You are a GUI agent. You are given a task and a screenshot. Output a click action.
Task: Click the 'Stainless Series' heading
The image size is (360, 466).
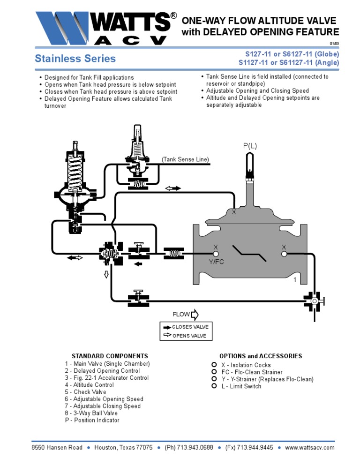[75, 59]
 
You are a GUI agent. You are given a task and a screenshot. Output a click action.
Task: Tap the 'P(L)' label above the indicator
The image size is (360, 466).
[250, 146]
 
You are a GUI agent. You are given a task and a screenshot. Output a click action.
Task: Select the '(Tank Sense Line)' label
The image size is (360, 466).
[185, 159]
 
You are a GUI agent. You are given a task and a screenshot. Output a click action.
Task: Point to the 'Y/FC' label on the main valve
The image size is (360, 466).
[216, 262]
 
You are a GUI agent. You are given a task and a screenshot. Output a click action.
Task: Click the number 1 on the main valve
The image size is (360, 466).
[295, 280]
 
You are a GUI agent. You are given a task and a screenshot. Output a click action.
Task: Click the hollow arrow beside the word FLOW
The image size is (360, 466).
[195, 314]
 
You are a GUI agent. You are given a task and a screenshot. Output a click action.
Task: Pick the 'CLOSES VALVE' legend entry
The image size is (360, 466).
[190, 327]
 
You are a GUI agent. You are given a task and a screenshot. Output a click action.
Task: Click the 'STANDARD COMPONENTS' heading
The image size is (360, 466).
[109, 356]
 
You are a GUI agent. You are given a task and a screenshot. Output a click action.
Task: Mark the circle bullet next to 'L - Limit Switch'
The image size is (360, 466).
[214, 386]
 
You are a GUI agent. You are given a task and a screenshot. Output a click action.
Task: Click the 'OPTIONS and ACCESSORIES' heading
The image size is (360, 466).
[261, 356]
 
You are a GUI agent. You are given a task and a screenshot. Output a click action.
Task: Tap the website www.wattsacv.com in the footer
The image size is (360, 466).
[309, 447]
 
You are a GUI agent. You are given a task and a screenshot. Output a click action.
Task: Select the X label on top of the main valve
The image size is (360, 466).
[233, 212]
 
